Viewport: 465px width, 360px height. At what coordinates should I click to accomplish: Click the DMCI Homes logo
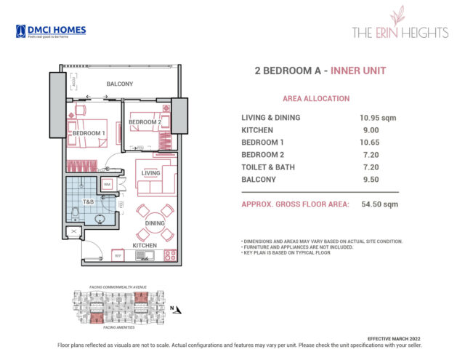tap(50, 31)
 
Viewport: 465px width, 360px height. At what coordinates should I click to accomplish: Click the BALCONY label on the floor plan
tap(120, 84)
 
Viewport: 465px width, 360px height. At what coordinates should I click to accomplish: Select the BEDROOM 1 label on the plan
tap(89, 132)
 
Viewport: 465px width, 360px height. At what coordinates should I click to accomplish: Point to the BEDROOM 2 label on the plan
tap(145, 122)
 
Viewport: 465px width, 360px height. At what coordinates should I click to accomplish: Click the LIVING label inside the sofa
tap(150, 173)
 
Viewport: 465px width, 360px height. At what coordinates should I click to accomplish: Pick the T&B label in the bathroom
tap(87, 201)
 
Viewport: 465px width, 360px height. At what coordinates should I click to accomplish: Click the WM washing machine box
tap(107, 185)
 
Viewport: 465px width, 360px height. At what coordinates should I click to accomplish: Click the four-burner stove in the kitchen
tap(171, 255)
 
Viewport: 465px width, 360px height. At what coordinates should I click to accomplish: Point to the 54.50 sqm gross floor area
tap(379, 204)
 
